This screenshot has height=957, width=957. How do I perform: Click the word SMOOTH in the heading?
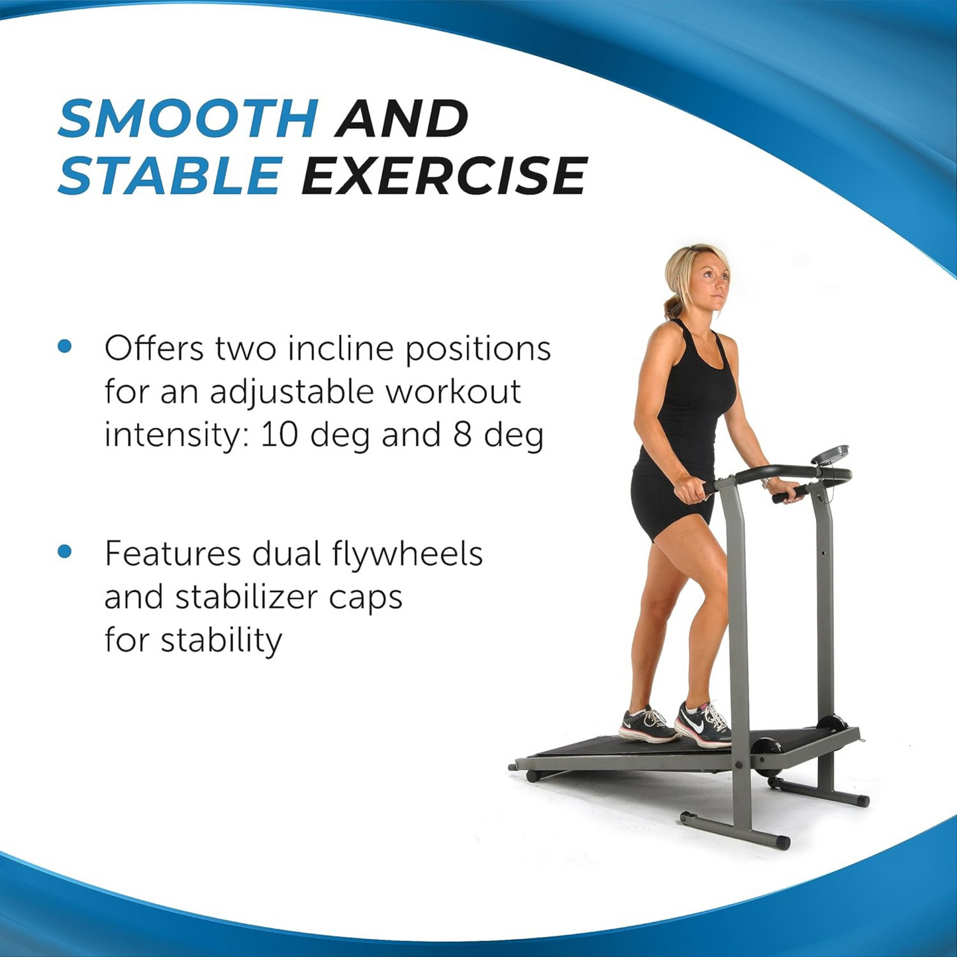(188, 119)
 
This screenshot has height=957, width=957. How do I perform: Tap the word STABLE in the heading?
(170, 176)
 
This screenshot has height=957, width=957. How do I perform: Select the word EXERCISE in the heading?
(444, 176)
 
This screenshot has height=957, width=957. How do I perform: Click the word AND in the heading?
(402, 119)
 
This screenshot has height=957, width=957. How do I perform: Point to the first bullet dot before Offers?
(65, 346)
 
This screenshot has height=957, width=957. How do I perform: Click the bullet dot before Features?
(65, 552)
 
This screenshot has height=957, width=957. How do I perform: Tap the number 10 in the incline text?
(279, 435)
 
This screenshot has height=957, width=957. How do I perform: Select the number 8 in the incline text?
(462, 435)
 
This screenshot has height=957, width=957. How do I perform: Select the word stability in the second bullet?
(221, 640)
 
